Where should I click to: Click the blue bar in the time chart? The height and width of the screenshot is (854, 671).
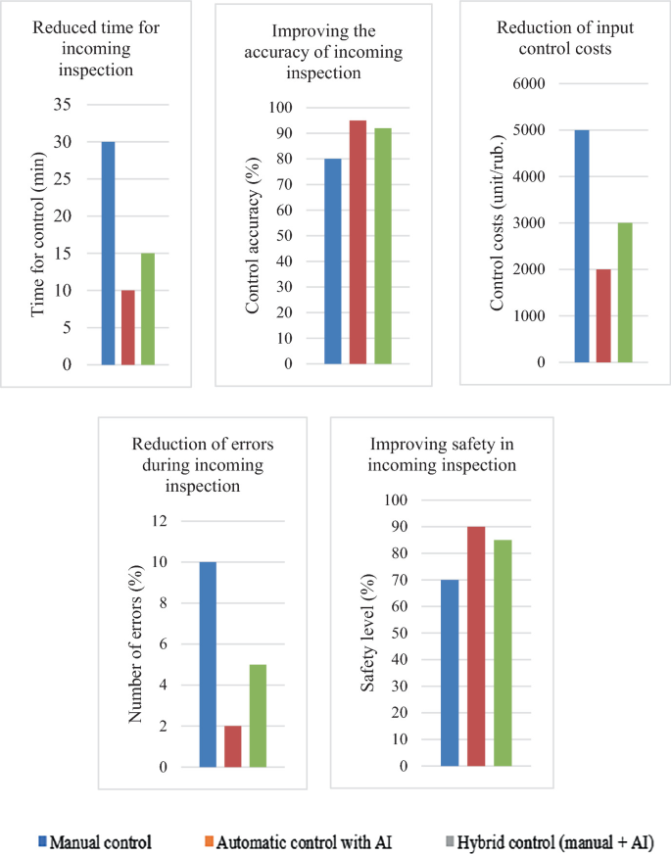point(108,253)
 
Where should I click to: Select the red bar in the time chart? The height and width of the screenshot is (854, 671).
point(128,327)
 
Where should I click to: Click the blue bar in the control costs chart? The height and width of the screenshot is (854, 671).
point(582,246)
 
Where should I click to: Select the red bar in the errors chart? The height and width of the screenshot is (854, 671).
point(233,746)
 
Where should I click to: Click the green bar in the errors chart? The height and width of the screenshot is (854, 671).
point(258,716)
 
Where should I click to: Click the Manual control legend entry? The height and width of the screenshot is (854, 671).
point(93,841)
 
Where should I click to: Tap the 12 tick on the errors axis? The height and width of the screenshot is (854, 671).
point(159,521)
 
